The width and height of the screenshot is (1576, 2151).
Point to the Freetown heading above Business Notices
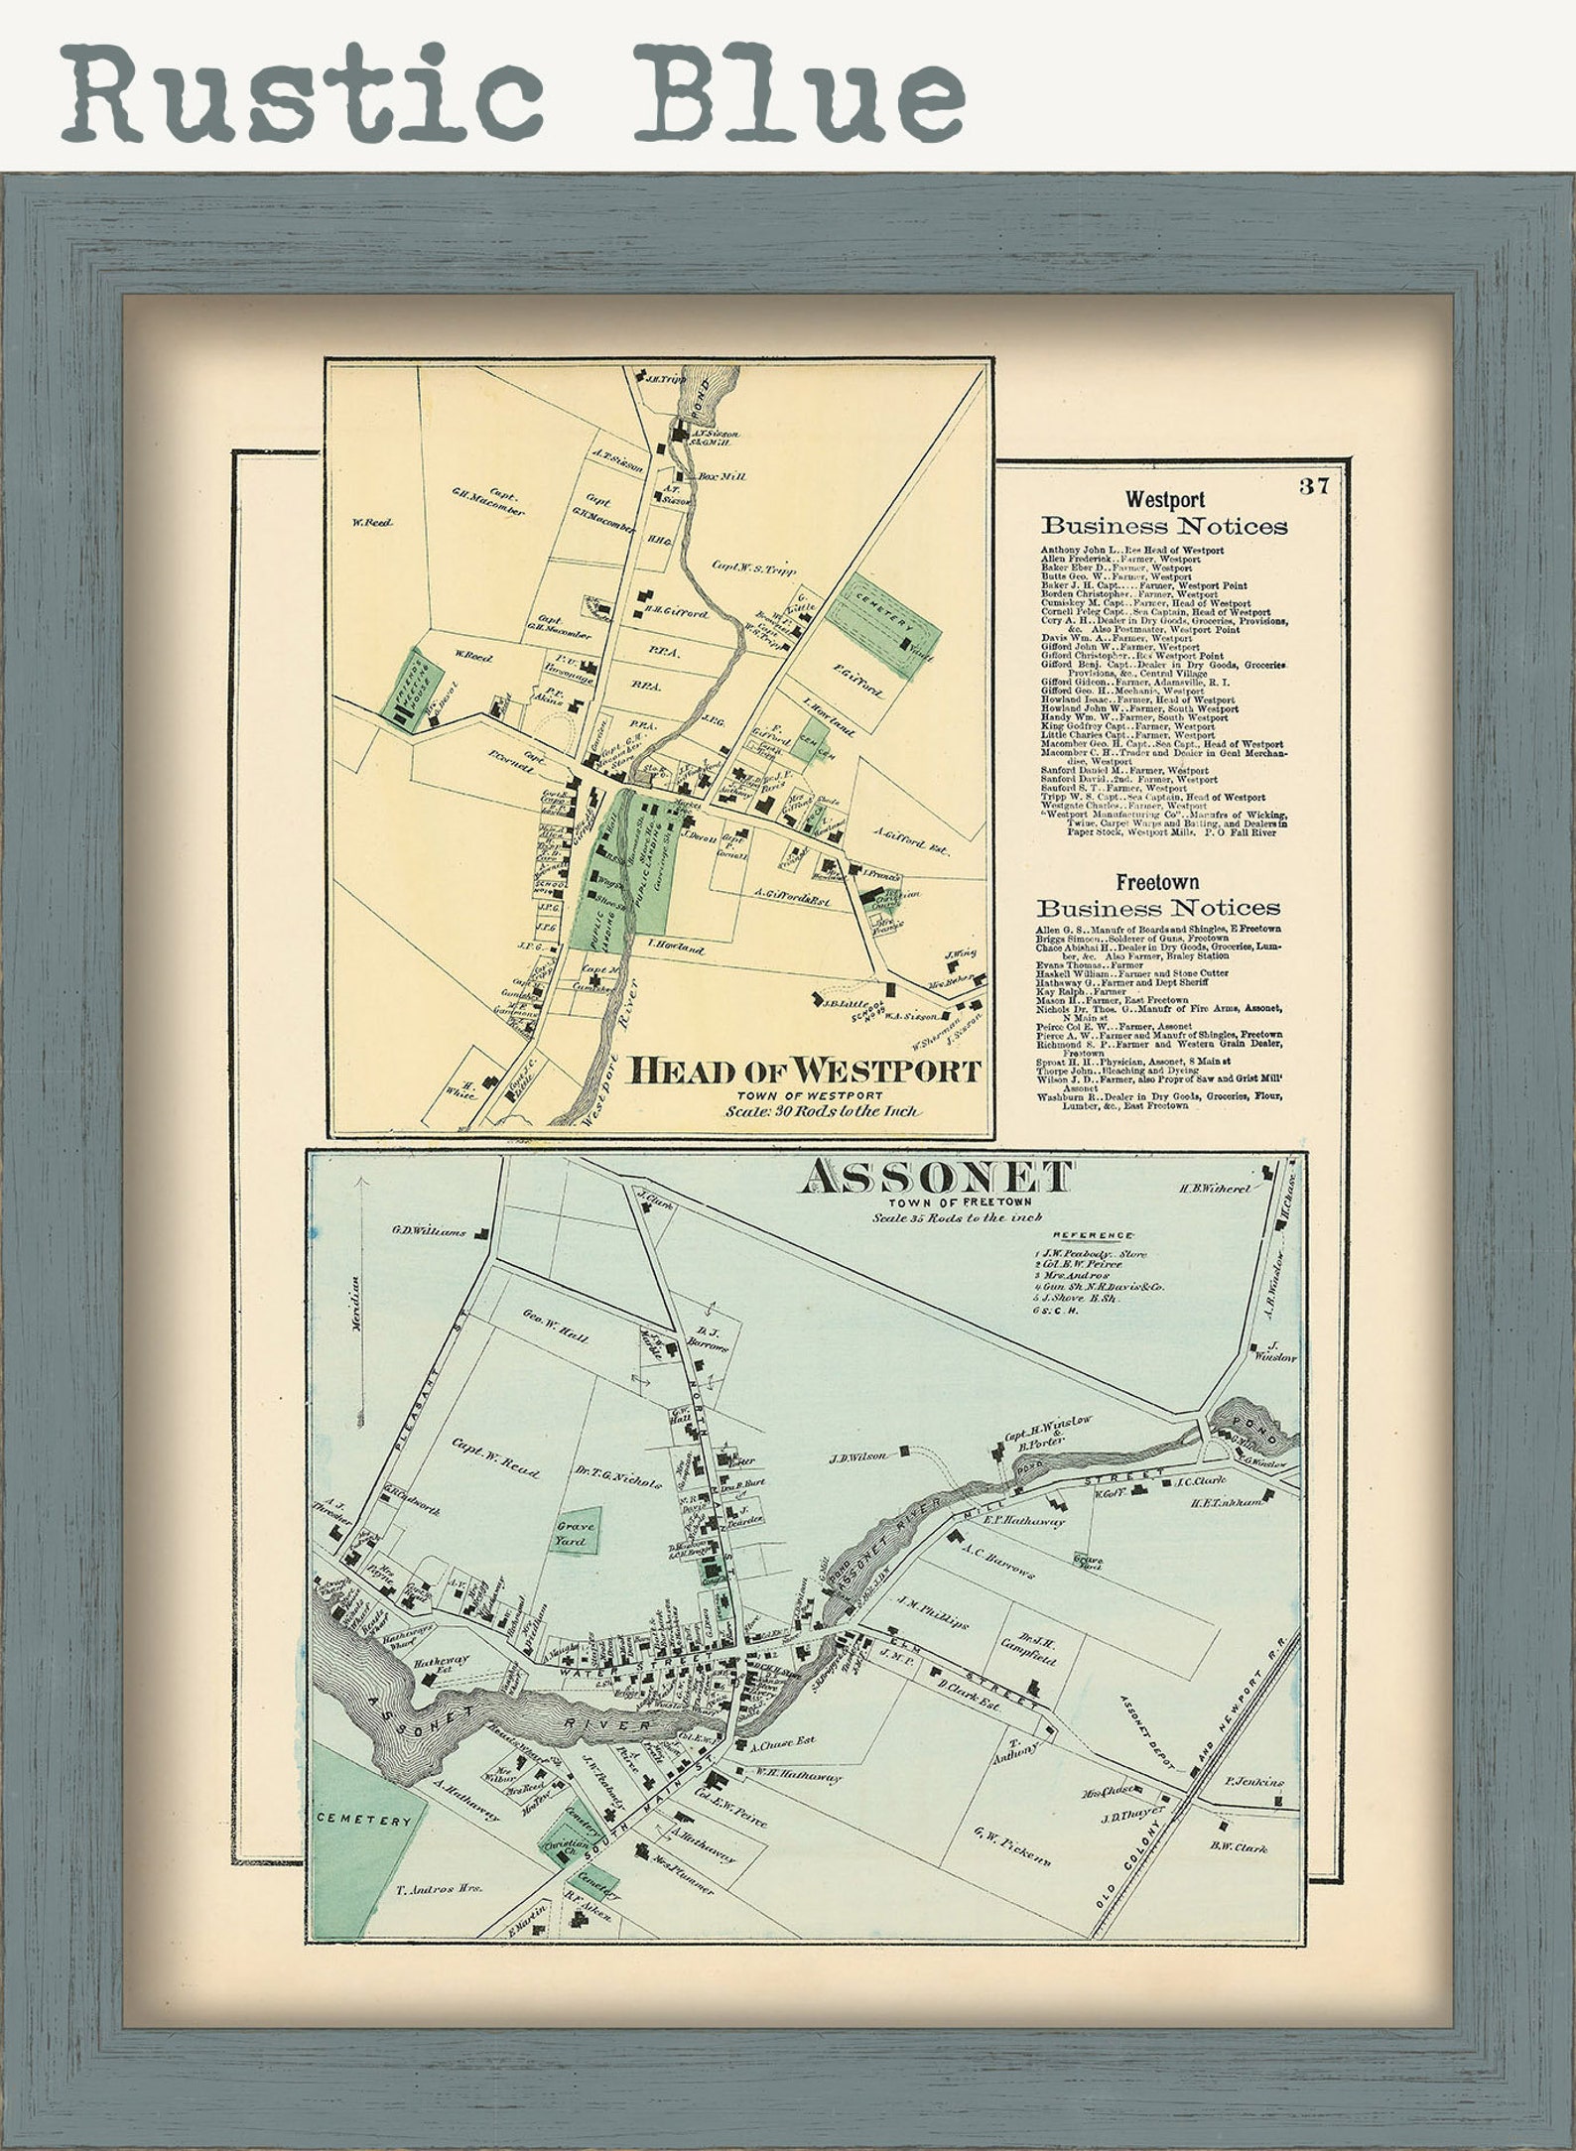click(1157, 881)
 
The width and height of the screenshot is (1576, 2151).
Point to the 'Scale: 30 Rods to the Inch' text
click(823, 1112)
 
